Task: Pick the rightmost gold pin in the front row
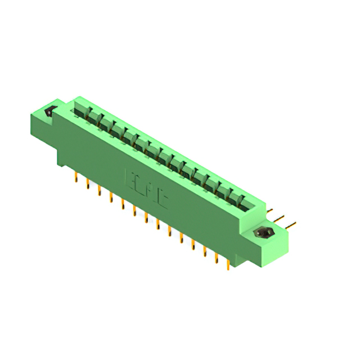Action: point(228,263)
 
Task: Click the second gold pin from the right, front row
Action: point(216,256)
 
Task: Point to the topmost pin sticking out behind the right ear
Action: point(271,212)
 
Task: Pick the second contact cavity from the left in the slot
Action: point(94,119)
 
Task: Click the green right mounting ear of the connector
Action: point(270,236)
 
